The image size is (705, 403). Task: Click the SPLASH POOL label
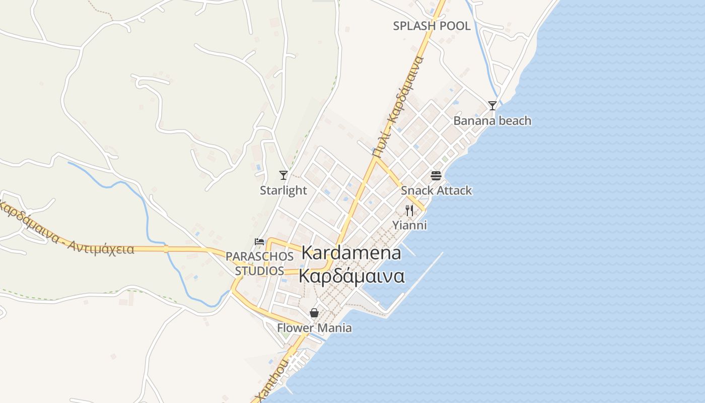[x=432, y=26]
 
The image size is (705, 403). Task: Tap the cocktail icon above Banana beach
[x=492, y=106]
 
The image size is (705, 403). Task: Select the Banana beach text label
[x=492, y=121]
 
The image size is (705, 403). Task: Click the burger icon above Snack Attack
[x=436, y=176]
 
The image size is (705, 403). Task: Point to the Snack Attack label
[x=436, y=190]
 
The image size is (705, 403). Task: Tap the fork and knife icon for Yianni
[x=409, y=211]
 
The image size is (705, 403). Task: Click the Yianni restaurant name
[x=409, y=225]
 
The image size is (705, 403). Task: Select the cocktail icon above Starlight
[x=284, y=175]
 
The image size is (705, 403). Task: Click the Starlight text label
[x=283, y=190]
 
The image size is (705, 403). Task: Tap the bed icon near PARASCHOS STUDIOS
[x=259, y=242]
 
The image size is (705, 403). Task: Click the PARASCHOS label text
[x=259, y=256]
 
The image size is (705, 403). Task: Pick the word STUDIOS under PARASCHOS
[x=259, y=271]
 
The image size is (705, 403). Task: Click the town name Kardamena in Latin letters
[x=351, y=253]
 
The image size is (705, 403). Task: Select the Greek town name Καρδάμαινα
[x=351, y=277]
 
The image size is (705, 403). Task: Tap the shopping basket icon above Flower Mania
[x=314, y=313]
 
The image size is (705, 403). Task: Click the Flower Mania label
[x=314, y=328]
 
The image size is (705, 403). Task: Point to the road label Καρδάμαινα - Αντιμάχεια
[x=65, y=230]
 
